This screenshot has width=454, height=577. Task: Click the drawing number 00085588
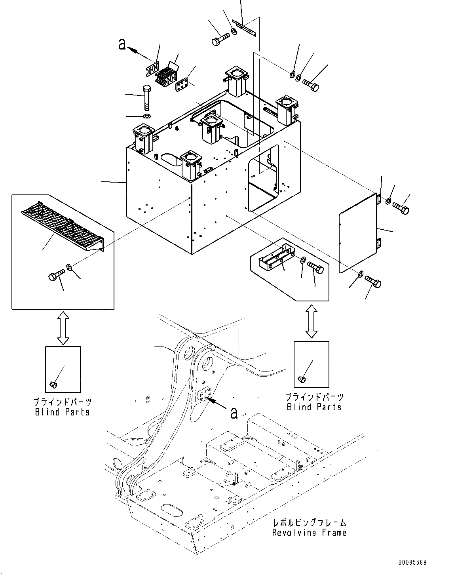pyautogui.click(x=413, y=562)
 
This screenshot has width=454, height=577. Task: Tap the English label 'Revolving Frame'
pyautogui.click(x=309, y=533)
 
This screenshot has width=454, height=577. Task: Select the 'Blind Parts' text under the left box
pyautogui.click(x=63, y=412)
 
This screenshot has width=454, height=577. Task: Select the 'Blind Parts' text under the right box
pyautogui.click(x=314, y=407)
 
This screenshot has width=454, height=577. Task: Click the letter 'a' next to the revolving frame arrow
pyautogui.click(x=234, y=413)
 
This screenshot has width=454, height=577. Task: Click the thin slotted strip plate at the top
pyautogui.click(x=244, y=27)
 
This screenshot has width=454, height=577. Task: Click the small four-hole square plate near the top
pyautogui.click(x=181, y=85)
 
